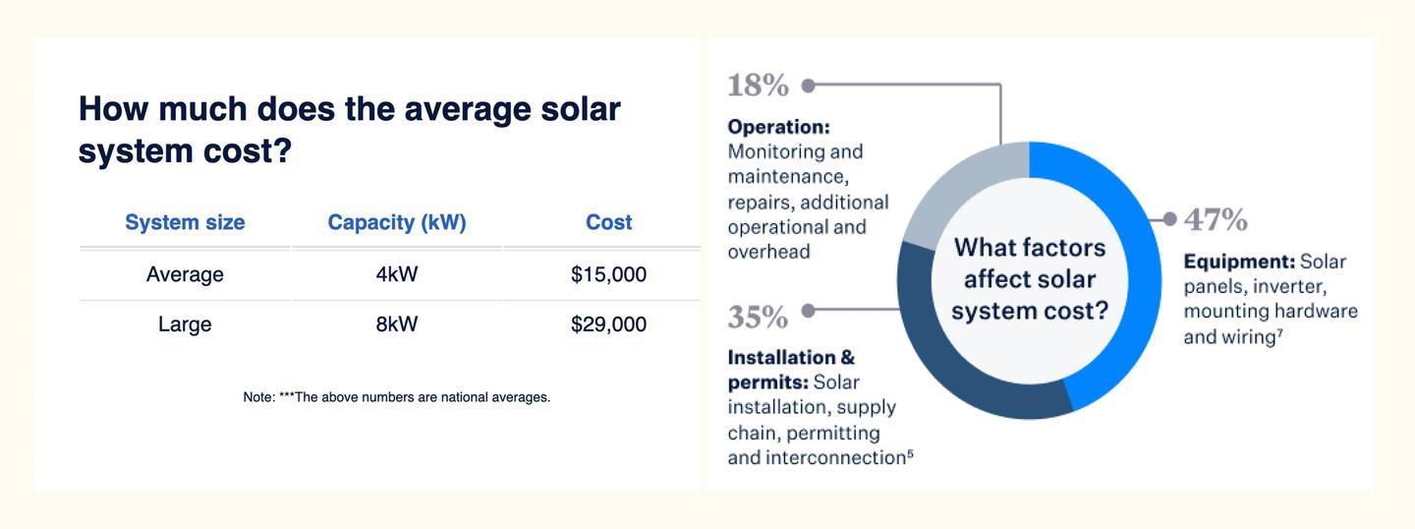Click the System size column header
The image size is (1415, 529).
point(185,222)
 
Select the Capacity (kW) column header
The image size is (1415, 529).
point(397,222)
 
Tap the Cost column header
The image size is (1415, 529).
point(608,222)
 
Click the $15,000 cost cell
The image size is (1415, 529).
point(608,274)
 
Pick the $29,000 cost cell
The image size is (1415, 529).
point(608,324)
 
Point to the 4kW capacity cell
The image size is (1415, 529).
point(397,274)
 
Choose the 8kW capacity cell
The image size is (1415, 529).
point(397,324)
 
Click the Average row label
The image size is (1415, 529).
point(185,275)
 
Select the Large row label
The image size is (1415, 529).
point(185,324)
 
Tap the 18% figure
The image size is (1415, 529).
point(758,86)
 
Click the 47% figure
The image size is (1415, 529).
point(1217,220)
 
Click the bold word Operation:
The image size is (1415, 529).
point(779,127)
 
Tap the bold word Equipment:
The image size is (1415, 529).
point(1239,262)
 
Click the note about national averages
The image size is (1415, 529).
point(397,397)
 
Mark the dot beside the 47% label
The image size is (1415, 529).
point(1170,218)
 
